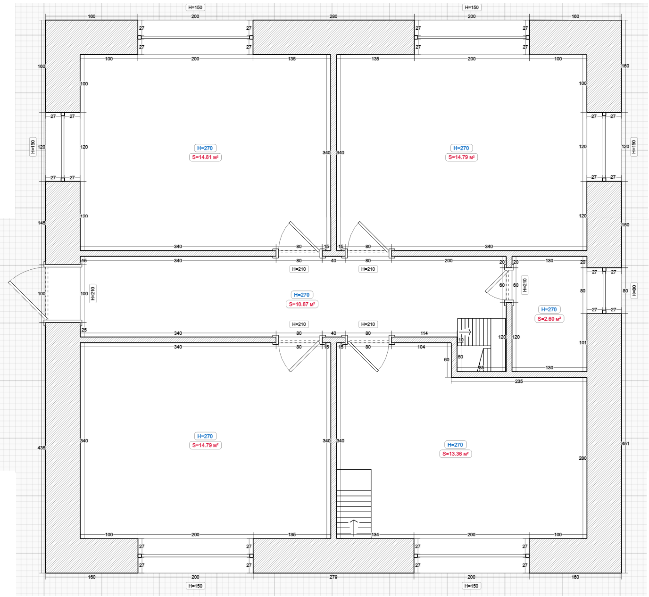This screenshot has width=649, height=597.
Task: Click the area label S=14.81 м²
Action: pyautogui.click(x=205, y=158)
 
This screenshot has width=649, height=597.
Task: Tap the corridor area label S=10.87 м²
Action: pyautogui.click(x=302, y=304)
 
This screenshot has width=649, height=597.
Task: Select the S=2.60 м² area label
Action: pyautogui.click(x=549, y=319)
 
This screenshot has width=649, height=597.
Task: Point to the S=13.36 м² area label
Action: pyautogui.click(x=455, y=454)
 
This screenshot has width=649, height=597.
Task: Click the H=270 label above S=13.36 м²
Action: pyautogui.click(x=455, y=445)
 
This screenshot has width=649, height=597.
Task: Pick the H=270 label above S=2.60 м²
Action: pyautogui.click(x=549, y=309)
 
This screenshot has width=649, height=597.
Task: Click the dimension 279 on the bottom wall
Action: pyautogui.click(x=333, y=577)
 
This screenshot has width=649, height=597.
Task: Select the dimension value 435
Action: pyautogui.click(x=42, y=448)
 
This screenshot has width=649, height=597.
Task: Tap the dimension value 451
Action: pyautogui.click(x=625, y=443)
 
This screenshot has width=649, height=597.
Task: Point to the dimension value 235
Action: pyautogui.click(x=519, y=381)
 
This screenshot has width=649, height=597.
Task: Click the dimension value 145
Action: pyautogui.click(x=42, y=223)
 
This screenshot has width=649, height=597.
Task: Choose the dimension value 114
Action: pyautogui.click(x=424, y=333)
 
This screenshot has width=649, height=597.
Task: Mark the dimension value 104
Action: pyautogui.click(x=421, y=347)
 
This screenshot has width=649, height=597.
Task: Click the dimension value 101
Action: pyautogui.click(x=583, y=343)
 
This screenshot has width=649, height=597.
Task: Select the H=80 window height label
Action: pyautogui.click(x=634, y=290)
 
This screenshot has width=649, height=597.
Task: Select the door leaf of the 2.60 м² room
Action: pyautogui.click(x=496, y=282)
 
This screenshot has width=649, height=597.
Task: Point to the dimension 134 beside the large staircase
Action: pyautogui.click(x=375, y=535)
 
